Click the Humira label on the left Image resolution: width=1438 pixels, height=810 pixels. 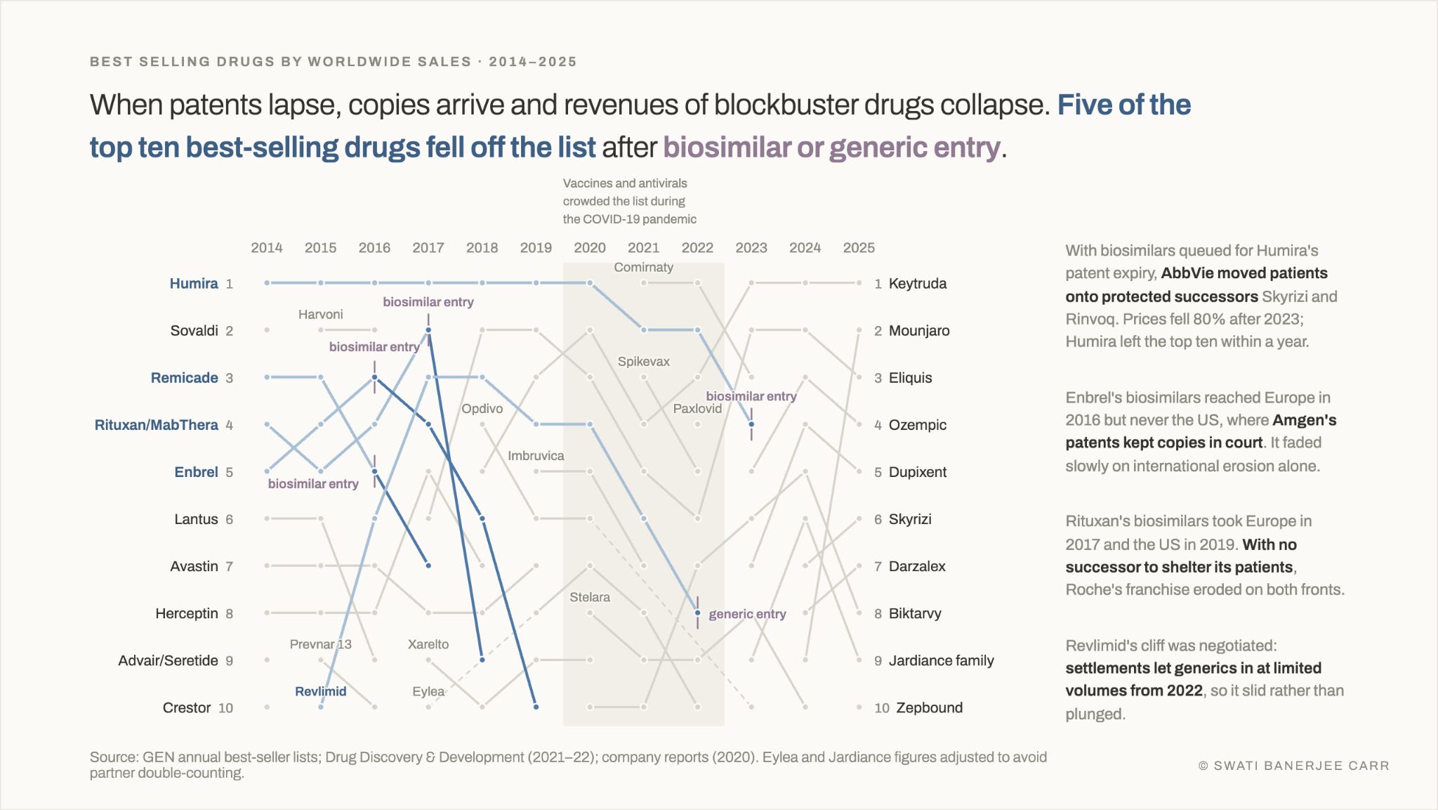pyautogui.click(x=194, y=283)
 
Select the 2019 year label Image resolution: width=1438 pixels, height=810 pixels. pyautogui.click(x=536, y=247)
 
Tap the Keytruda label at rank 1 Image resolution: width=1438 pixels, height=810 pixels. pyautogui.click(x=918, y=283)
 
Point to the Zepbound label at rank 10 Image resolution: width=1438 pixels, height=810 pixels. pyautogui.click(x=929, y=707)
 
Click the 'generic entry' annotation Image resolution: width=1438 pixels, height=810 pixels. pyautogui.click(x=747, y=614)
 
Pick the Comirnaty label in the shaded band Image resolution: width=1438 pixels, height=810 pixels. pyautogui.click(x=643, y=267)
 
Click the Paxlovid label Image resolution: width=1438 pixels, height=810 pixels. pyautogui.click(x=697, y=408)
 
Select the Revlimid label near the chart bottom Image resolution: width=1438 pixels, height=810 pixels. pyautogui.click(x=320, y=691)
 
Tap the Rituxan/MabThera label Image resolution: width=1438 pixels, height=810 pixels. pyautogui.click(x=157, y=424)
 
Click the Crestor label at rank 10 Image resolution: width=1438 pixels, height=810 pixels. pyautogui.click(x=187, y=707)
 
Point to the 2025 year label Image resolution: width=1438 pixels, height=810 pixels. pyautogui.click(x=859, y=247)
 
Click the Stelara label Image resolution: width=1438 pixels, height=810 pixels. pyautogui.click(x=590, y=597)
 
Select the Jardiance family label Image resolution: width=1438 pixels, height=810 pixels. pyautogui.click(x=942, y=660)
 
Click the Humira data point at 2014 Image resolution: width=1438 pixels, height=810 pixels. pyautogui.click(x=267, y=283)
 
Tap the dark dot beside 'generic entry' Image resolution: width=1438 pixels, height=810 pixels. pyautogui.click(x=697, y=613)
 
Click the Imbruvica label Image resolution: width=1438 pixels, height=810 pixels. pyautogui.click(x=536, y=455)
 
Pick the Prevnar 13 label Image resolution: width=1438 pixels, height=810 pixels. pyautogui.click(x=320, y=644)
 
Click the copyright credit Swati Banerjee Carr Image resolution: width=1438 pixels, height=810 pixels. pyautogui.click(x=1294, y=766)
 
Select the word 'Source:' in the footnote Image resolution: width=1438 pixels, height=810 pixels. pyautogui.click(x=114, y=757)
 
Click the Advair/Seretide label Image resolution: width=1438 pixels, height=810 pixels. pyautogui.click(x=169, y=660)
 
